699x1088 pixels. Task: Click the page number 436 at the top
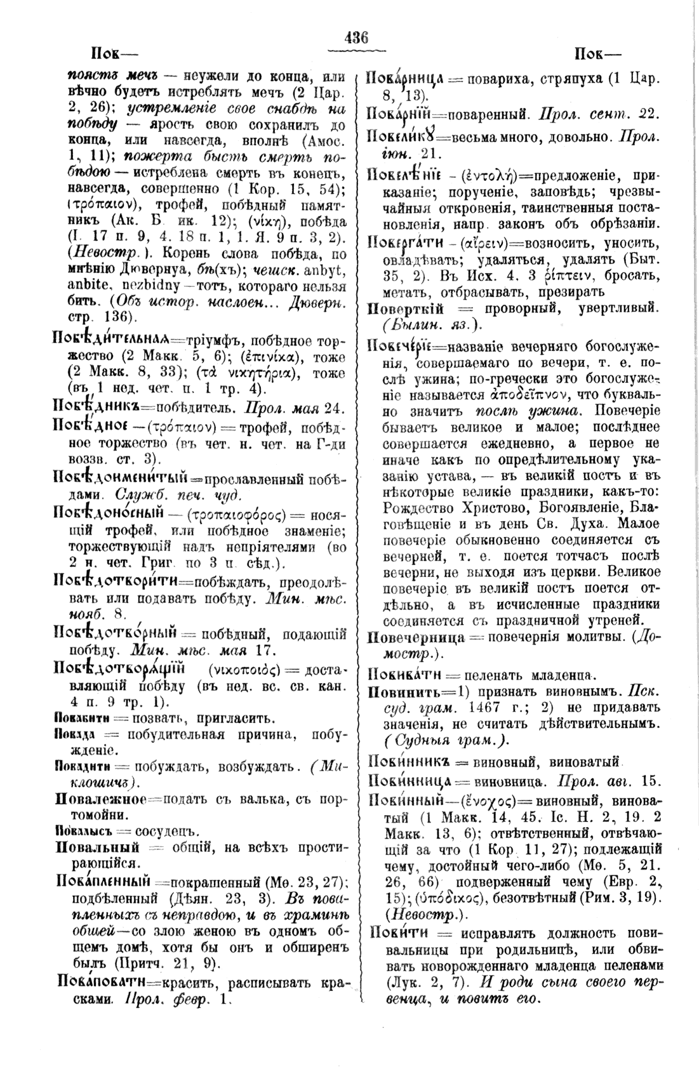click(356, 37)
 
